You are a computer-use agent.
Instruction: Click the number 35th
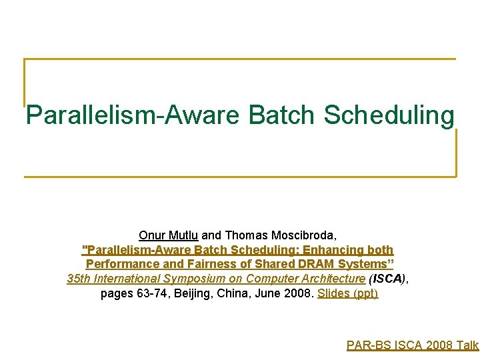(80, 279)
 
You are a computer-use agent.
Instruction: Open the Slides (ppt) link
(348, 294)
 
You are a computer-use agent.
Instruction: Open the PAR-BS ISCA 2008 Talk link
(413, 345)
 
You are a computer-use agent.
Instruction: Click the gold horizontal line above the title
(240, 59)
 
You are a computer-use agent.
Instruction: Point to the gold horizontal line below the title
(240, 177)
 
